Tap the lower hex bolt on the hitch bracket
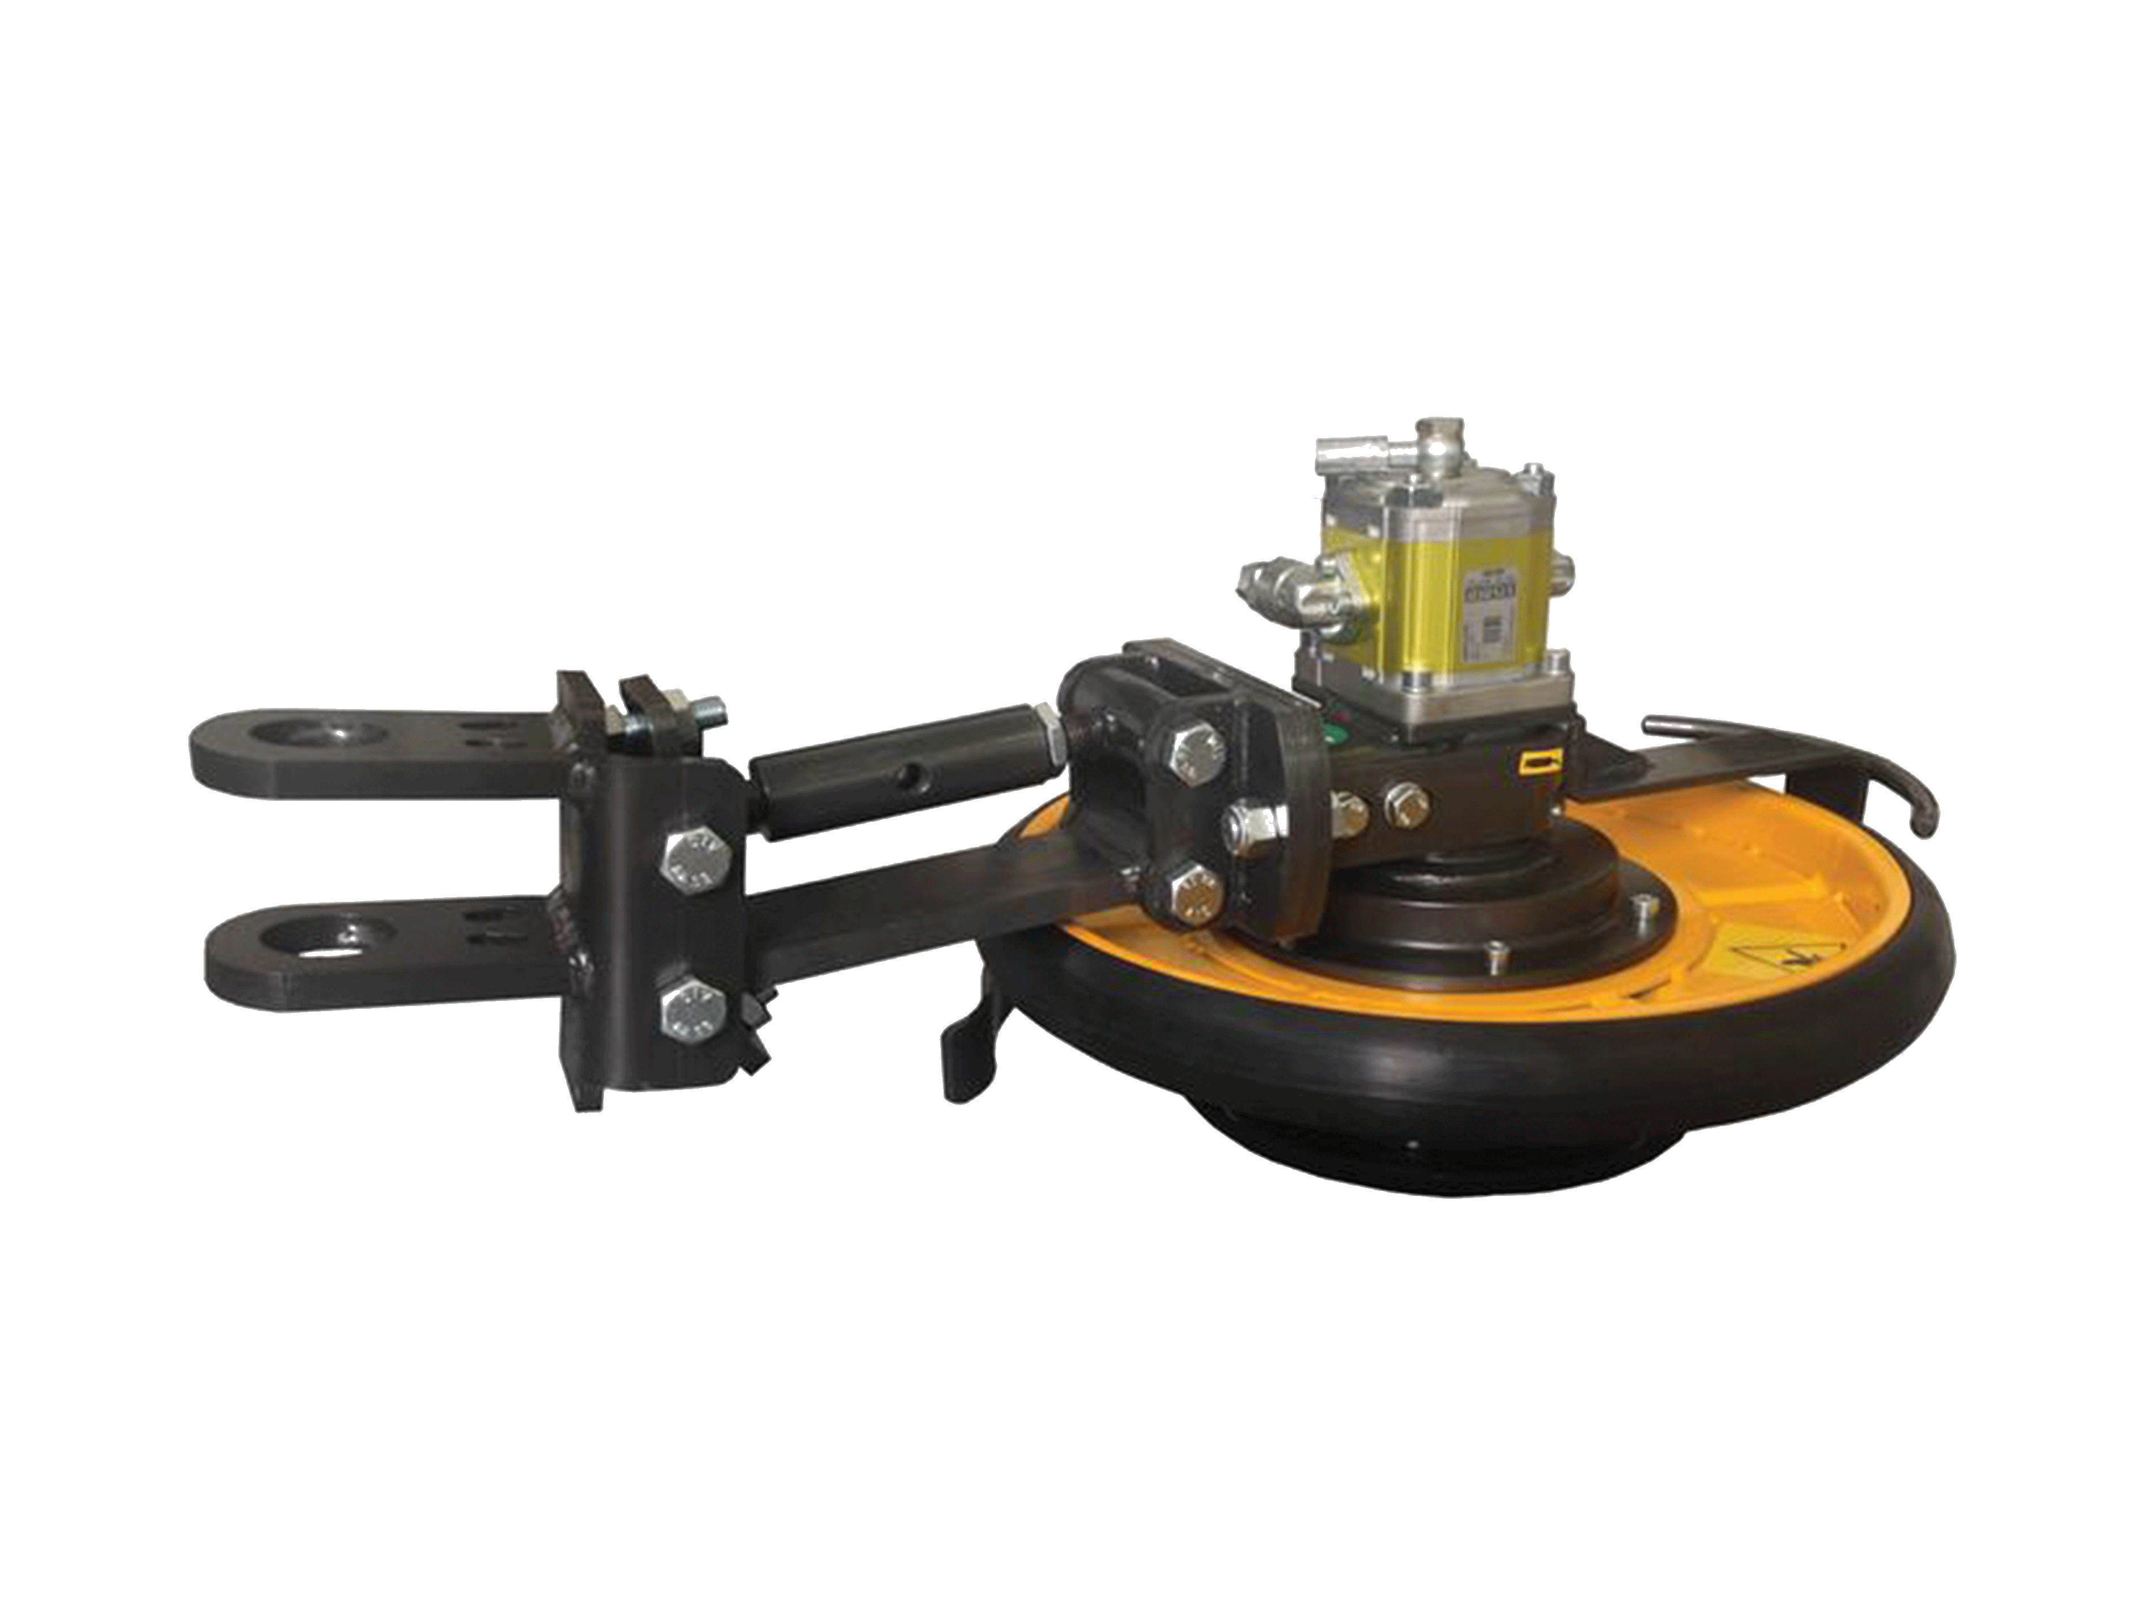690,1008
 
